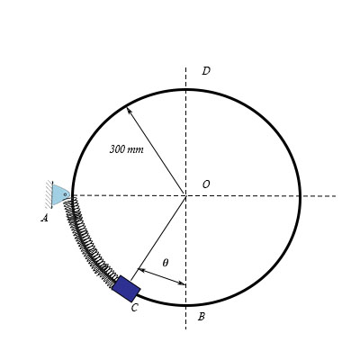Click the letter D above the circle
click(205, 71)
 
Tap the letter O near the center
click(206, 184)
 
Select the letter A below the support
click(44, 218)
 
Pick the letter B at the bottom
click(201, 317)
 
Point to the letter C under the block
click(134, 309)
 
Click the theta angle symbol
click(165, 263)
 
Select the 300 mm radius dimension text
click(126, 149)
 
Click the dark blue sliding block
click(126, 289)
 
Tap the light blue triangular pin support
click(60, 194)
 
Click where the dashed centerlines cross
click(186, 195)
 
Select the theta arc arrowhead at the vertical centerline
click(184, 283)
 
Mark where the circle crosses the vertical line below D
click(186, 89)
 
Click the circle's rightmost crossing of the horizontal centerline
click(300, 195)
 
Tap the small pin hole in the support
click(65, 193)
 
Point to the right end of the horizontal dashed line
click(335, 195)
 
